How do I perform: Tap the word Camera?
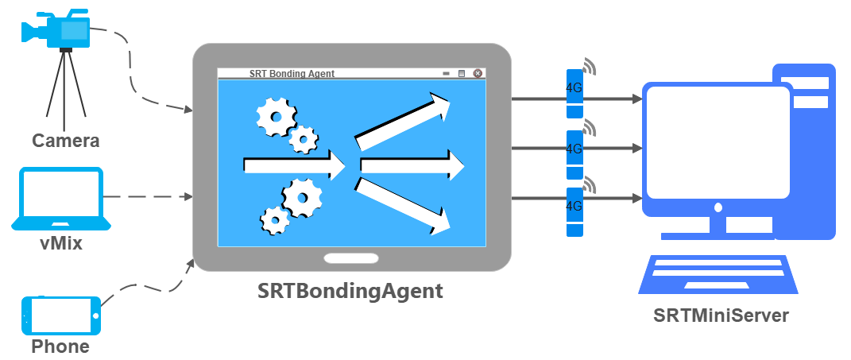pos(66,141)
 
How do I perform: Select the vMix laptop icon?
pos(61,199)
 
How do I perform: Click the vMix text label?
pos(61,242)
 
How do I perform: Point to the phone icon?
pos(61,315)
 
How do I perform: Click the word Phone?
pos(60,346)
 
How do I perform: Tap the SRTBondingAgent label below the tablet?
pos(350,291)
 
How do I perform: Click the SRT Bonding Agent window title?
pos(292,73)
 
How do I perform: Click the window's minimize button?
pos(446,74)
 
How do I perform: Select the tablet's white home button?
pos(351,258)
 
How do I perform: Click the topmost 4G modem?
pos(574,94)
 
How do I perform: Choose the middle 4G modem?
pos(574,155)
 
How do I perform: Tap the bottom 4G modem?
pos(574,211)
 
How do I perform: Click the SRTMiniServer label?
pos(721,315)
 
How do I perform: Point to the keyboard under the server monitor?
pos(718,274)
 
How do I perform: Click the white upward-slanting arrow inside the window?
pos(403,122)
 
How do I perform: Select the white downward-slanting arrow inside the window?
pos(403,207)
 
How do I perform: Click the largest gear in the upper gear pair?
pos(277,116)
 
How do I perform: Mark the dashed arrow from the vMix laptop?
pos(148,196)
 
